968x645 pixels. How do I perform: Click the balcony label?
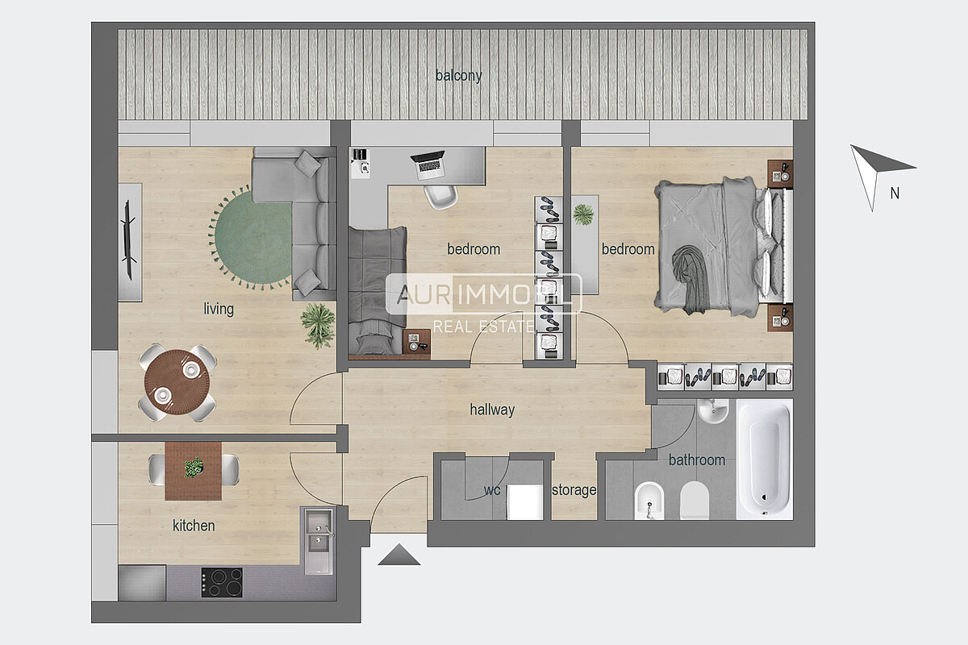(x=458, y=76)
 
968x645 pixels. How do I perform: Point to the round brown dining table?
(x=177, y=382)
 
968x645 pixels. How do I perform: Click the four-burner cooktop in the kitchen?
(x=222, y=582)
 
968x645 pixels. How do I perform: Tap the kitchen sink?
(x=319, y=541)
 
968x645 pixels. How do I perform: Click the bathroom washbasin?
(x=712, y=411)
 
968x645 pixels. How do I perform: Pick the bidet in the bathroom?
(x=649, y=501)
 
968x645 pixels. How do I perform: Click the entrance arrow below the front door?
(x=398, y=554)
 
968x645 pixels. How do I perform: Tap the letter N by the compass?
(x=895, y=193)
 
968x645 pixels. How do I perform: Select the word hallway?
(x=492, y=410)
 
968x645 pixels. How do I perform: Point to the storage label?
(x=574, y=490)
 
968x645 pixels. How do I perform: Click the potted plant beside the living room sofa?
(x=319, y=324)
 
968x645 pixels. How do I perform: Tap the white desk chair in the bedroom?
(x=440, y=197)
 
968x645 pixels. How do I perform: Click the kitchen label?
(x=194, y=526)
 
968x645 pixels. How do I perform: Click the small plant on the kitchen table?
(x=194, y=467)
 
